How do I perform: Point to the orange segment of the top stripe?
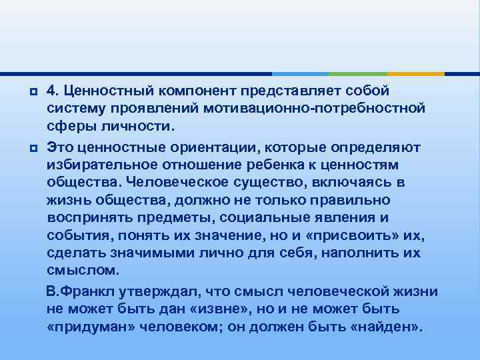click(416, 73)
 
